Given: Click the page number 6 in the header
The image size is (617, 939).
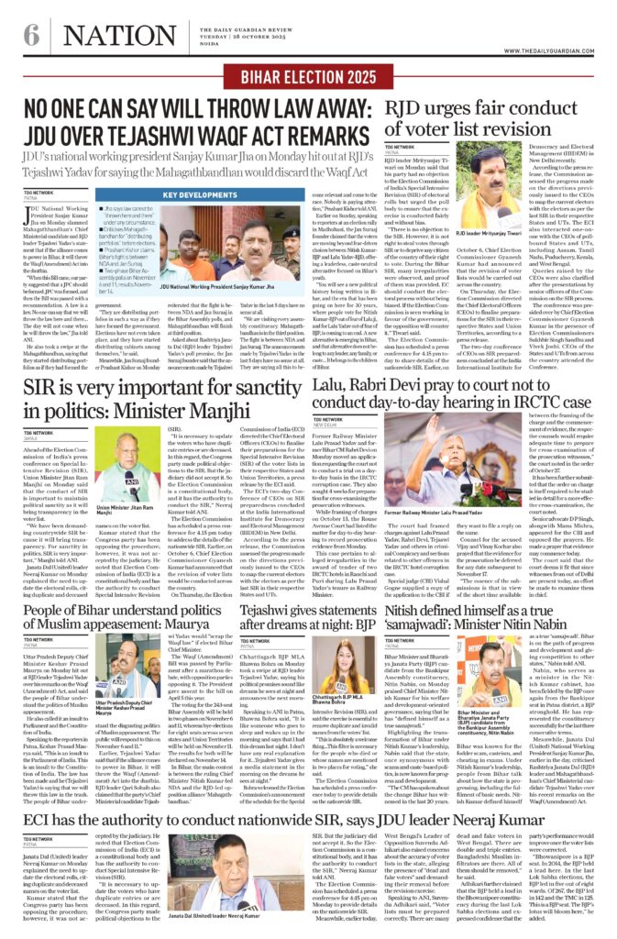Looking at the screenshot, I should coord(33,38).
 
